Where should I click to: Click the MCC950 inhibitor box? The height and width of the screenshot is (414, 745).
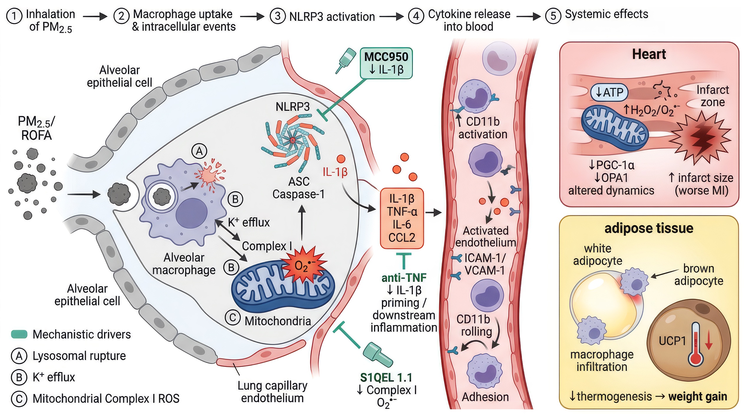[x=386, y=63]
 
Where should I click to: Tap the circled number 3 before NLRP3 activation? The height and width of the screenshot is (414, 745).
[x=277, y=16]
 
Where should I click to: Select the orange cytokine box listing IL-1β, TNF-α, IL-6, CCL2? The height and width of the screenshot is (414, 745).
[x=402, y=218]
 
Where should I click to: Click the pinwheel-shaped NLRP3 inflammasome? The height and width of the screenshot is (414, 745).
[x=292, y=141]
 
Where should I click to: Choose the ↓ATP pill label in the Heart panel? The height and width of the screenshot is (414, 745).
[x=609, y=92]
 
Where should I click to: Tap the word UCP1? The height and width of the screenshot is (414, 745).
[x=672, y=341]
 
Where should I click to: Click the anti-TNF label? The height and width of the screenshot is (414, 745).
[x=404, y=277]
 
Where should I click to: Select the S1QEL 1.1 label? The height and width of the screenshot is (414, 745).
[x=386, y=378]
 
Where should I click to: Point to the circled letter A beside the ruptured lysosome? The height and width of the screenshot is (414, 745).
[x=199, y=151]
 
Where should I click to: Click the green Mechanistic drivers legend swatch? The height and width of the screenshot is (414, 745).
[x=19, y=334]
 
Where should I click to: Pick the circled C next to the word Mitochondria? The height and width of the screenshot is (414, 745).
[x=233, y=318]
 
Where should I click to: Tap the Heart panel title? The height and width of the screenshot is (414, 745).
[x=649, y=54]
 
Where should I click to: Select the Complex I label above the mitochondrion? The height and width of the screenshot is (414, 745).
[x=267, y=246]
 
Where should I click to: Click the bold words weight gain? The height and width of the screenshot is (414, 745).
[x=698, y=397]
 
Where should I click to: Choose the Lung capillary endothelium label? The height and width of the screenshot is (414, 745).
[x=272, y=392]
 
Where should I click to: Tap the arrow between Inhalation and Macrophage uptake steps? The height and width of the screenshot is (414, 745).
[x=95, y=16]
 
